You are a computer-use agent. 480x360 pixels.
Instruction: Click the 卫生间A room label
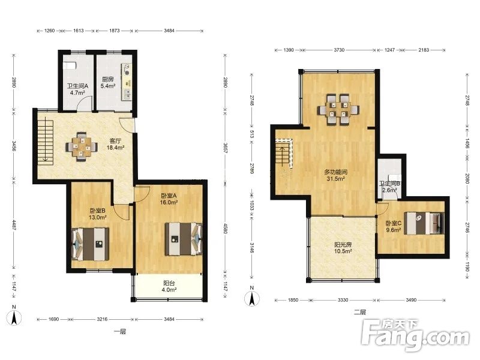tap(77, 86)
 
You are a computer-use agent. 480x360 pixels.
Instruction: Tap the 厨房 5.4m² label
tap(108, 83)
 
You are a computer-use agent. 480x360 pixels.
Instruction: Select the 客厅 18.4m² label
tap(115, 144)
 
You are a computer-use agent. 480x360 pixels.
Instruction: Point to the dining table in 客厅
tap(82, 146)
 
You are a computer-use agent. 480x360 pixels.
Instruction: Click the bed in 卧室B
tap(91, 244)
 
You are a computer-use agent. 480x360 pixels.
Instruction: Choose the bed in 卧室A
tap(184, 239)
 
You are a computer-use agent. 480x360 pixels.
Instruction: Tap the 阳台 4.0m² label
tap(169, 287)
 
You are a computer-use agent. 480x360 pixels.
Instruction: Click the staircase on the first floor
tap(46, 140)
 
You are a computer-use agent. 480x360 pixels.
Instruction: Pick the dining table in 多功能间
tap(338, 110)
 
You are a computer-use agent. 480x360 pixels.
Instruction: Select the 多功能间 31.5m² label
tap(335, 175)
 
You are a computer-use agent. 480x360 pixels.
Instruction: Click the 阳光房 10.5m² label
tap(343, 248)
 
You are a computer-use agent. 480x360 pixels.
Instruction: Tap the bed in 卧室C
tap(424, 223)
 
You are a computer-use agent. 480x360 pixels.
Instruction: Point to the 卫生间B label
tap(389, 184)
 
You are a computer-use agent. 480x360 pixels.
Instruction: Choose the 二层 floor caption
tap(359, 312)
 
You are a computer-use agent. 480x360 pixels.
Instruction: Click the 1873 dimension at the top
tap(114, 31)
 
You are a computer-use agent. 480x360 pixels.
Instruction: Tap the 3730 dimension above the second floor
tap(339, 50)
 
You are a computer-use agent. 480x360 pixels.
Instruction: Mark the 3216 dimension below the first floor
tap(102, 319)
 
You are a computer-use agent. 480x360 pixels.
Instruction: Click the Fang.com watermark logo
tap(415, 335)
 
